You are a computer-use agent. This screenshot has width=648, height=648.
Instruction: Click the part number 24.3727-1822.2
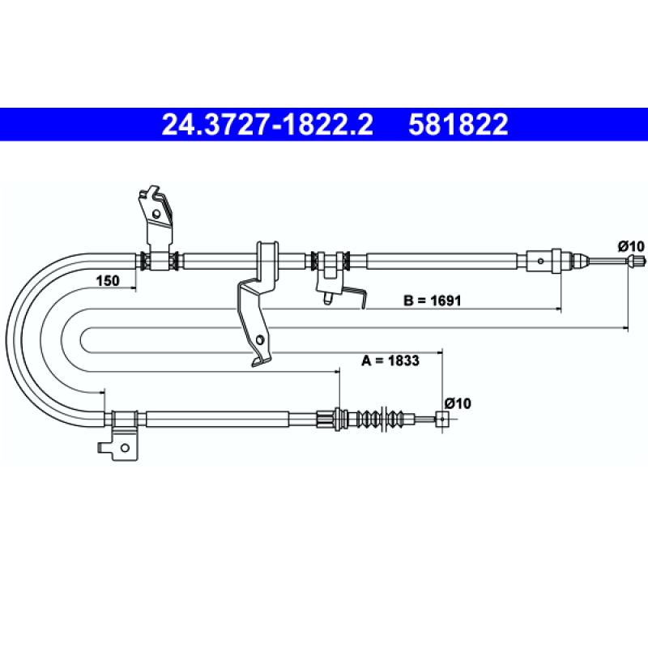(267, 125)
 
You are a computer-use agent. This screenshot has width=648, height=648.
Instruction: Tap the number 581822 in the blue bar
(458, 125)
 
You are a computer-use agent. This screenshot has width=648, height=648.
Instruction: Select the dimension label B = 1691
(432, 300)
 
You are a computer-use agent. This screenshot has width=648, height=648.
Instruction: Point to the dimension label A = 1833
(390, 360)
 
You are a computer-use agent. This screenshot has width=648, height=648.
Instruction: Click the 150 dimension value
(108, 280)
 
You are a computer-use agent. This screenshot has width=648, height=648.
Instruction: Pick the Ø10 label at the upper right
(631, 246)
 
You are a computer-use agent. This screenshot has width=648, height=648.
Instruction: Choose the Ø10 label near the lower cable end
(458, 403)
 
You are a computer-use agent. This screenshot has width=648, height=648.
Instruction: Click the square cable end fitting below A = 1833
(442, 419)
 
